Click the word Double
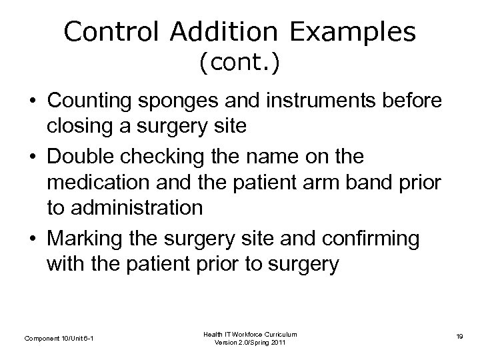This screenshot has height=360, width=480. coord(78,158)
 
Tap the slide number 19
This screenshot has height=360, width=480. coord(459,339)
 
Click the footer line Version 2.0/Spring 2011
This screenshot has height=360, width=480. coord(250,343)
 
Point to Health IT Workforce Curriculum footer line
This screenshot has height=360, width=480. coord(250,333)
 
